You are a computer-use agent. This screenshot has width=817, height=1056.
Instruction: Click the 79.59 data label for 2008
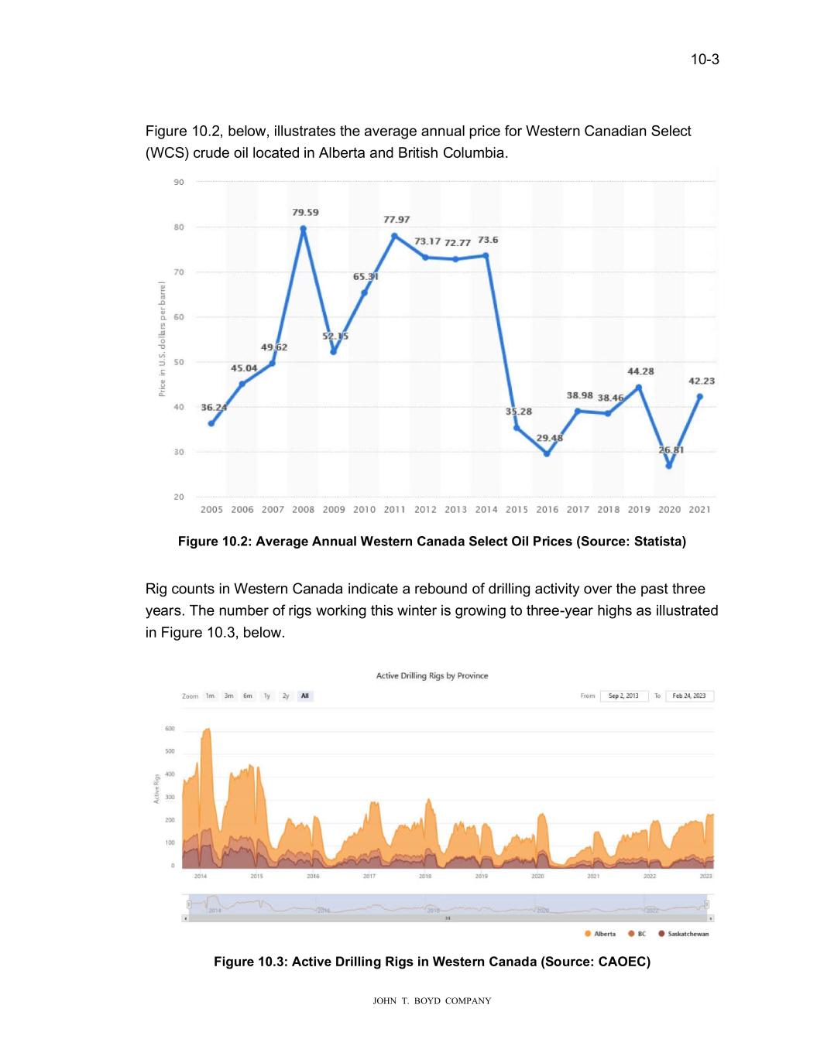click(x=305, y=212)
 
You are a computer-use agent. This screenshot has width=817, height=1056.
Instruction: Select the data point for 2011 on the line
click(x=395, y=236)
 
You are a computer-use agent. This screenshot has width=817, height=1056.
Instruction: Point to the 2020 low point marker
click(x=669, y=466)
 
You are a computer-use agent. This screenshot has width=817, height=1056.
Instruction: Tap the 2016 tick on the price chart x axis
click(x=547, y=509)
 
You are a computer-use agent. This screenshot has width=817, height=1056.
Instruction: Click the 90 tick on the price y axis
click(x=179, y=183)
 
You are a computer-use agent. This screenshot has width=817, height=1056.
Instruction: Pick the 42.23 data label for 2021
click(x=702, y=381)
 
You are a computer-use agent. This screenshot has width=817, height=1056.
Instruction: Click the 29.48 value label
click(x=550, y=438)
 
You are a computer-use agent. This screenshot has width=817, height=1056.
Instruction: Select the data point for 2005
click(x=211, y=423)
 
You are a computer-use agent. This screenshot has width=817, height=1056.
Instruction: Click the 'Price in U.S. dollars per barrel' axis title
click(x=163, y=340)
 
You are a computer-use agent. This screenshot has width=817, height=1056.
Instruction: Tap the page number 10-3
click(x=705, y=60)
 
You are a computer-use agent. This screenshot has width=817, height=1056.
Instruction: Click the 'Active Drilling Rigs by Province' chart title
click(x=432, y=675)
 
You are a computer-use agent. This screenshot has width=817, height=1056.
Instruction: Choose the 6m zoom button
click(x=248, y=695)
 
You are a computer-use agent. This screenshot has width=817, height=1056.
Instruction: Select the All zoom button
click(x=305, y=695)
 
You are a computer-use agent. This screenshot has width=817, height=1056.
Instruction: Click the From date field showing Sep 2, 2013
click(x=623, y=695)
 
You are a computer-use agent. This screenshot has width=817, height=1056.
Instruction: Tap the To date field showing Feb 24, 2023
click(x=688, y=695)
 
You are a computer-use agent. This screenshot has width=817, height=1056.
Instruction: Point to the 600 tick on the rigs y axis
click(x=170, y=729)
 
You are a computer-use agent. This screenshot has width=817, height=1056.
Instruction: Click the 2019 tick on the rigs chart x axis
click(x=482, y=876)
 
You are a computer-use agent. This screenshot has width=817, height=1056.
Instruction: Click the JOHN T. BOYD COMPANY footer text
click(x=432, y=1001)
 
